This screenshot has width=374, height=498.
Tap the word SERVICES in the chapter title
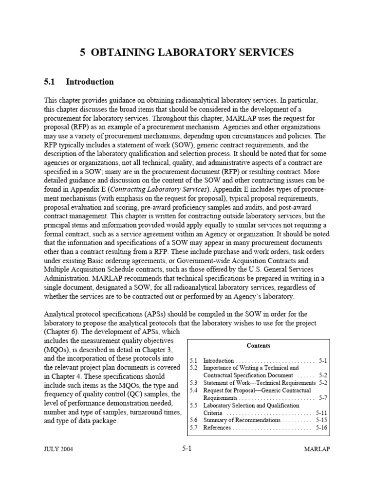[x=263, y=53]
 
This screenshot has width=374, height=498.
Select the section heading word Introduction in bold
[x=90, y=82]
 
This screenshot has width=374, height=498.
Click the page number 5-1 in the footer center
[x=186, y=448]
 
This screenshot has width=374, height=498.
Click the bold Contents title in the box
[x=259, y=346]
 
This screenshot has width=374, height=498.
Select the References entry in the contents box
[x=218, y=428]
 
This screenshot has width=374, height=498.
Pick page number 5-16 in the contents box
[x=321, y=428]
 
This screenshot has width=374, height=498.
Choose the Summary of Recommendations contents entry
[x=242, y=420]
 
